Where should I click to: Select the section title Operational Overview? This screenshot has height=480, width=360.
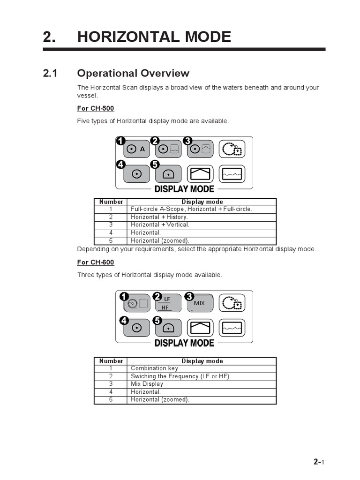[133, 73]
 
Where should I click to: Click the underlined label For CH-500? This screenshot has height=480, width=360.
[96, 109]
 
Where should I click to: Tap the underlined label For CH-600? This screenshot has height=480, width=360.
[96, 262]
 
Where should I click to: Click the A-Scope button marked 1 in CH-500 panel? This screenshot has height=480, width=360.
[136, 150]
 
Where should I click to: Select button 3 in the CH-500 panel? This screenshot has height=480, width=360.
[201, 150]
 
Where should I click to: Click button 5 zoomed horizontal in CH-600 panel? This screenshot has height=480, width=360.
[168, 328]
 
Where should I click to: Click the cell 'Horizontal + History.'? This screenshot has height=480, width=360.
[159, 217]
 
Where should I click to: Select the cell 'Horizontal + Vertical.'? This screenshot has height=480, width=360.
[160, 225]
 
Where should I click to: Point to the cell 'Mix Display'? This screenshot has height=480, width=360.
[147, 384]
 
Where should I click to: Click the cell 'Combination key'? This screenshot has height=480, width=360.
[155, 368]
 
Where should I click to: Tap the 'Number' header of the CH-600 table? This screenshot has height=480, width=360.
[111, 361]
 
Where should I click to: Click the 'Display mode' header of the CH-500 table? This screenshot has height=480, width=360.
[202, 202]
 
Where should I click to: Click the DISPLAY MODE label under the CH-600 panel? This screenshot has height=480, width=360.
[184, 343]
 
